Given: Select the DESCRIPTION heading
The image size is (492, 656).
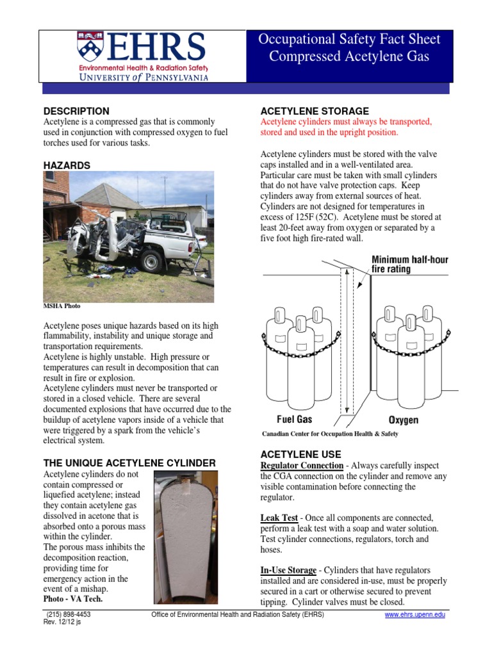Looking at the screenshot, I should pos(76,111).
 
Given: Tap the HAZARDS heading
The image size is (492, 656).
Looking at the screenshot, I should pos(67,165).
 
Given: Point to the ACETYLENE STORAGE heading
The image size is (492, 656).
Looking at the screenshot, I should pos(314,111).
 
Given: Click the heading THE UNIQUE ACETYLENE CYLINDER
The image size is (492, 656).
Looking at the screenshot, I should pos(129,463).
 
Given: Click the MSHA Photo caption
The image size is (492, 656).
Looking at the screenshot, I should pos(61,306).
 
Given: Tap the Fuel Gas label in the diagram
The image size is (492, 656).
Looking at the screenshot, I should pos(294,420).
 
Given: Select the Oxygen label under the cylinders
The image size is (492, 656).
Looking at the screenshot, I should pos(404,420).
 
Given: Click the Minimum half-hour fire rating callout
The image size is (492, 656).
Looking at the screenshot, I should pos(410,264).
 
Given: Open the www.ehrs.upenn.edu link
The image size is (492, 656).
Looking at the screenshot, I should pos(414,615).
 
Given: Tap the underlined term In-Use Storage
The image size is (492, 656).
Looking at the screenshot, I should pos(288,570).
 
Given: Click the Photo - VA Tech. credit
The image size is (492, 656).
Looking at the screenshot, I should pos(72,598).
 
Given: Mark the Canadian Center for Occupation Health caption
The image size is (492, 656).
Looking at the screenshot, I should pos(330,434).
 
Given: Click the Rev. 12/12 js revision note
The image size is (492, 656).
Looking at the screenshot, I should pos(62,622).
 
